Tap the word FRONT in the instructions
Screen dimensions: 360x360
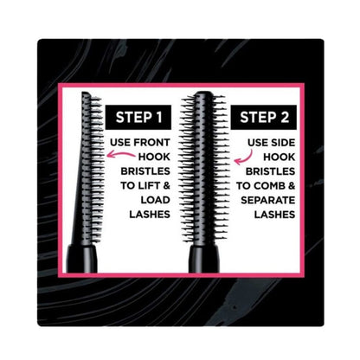point(158,145)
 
